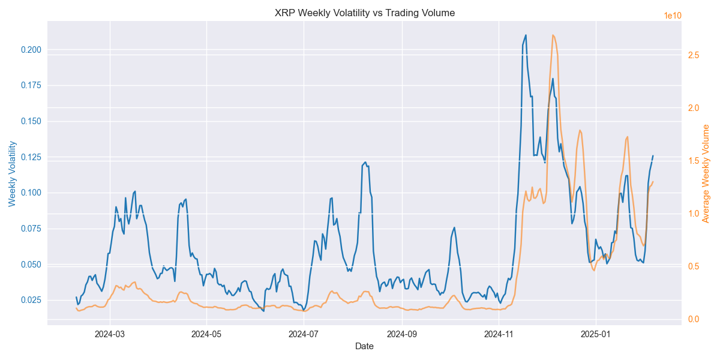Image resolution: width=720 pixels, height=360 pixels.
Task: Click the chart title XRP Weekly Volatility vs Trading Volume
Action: (x=364, y=13)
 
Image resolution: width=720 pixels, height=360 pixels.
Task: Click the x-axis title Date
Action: (x=364, y=346)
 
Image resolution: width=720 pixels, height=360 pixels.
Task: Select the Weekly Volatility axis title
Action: (x=13, y=174)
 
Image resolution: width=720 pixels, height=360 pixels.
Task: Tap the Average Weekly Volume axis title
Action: (x=706, y=174)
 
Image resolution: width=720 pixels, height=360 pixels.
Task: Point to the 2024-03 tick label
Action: (x=109, y=333)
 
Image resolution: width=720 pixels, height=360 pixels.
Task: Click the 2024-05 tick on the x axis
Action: (x=206, y=333)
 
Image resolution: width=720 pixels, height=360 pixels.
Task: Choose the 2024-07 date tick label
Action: (x=304, y=333)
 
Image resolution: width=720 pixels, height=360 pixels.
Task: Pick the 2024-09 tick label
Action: (x=401, y=333)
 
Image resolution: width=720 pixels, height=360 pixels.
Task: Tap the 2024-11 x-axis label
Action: (x=499, y=333)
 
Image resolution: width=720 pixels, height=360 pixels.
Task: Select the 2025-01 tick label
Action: (x=596, y=333)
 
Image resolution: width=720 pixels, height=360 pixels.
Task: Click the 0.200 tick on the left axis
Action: (x=32, y=50)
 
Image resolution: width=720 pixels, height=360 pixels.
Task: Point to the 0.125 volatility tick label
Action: (x=32, y=157)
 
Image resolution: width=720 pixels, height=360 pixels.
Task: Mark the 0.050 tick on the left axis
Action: (x=32, y=265)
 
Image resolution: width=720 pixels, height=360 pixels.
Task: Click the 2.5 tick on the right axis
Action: (x=694, y=55)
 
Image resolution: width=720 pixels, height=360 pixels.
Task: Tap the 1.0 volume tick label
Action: (x=694, y=214)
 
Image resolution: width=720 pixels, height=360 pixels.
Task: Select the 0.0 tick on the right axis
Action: (x=694, y=319)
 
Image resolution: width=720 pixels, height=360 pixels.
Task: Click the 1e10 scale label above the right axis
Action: (x=673, y=16)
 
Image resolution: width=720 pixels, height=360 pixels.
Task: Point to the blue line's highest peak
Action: (x=526, y=35)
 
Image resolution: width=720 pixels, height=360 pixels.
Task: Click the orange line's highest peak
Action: (x=553, y=35)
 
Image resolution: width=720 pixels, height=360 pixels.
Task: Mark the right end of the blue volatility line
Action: (x=653, y=156)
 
